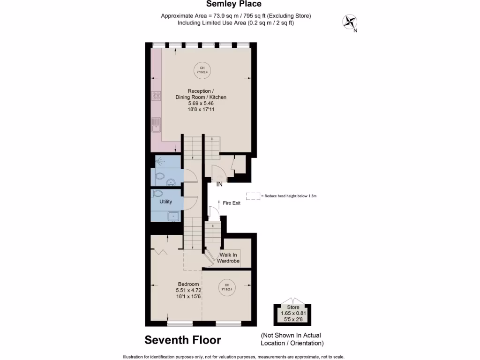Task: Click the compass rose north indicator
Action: coord(349,22)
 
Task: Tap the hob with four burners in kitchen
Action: coord(156,97)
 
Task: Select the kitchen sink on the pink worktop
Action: coord(156,124)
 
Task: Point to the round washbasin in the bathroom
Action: coord(172,182)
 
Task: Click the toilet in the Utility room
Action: coord(158,193)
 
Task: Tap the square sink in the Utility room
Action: coord(173,216)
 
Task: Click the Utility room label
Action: coord(165,202)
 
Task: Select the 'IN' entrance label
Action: coord(219,185)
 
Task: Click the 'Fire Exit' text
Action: coord(232,203)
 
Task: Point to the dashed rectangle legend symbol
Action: coord(253,196)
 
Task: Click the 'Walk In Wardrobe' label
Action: coord(229,258)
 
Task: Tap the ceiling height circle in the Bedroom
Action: coord(226,287)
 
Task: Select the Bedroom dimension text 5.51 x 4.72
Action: coord(187,290)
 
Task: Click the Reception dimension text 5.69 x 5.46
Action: coord(201,103)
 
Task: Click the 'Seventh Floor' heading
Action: coord(183,339)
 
